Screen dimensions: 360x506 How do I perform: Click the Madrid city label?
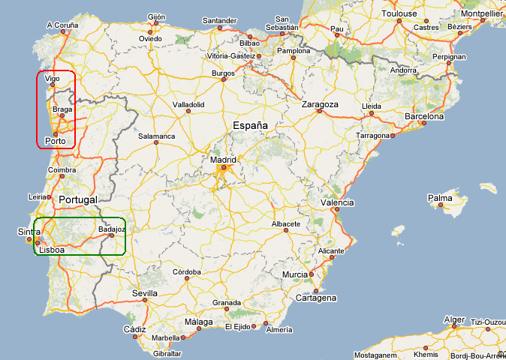[223, 160]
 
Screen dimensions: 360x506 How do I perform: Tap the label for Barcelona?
[424, 117]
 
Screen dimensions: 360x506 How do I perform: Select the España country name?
[250, 126]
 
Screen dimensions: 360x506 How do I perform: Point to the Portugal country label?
[78, 200]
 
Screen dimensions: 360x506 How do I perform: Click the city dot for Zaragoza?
[319, 111]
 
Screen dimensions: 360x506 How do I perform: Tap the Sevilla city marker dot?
[144, 301]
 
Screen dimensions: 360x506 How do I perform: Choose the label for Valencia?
[337, 203]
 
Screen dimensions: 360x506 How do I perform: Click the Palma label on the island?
[439, 199]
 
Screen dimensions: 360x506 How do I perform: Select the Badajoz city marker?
[111, 236]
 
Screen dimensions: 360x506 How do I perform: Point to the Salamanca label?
[157, 136]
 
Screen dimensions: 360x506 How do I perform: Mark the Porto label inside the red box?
[55, 141]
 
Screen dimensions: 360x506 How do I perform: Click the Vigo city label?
[52, 78]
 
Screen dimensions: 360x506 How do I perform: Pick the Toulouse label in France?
[399, 14]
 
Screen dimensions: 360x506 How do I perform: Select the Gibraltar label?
[167, 353]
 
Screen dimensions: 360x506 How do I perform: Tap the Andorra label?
[403, 71]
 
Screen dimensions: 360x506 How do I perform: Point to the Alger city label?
[455, 319]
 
